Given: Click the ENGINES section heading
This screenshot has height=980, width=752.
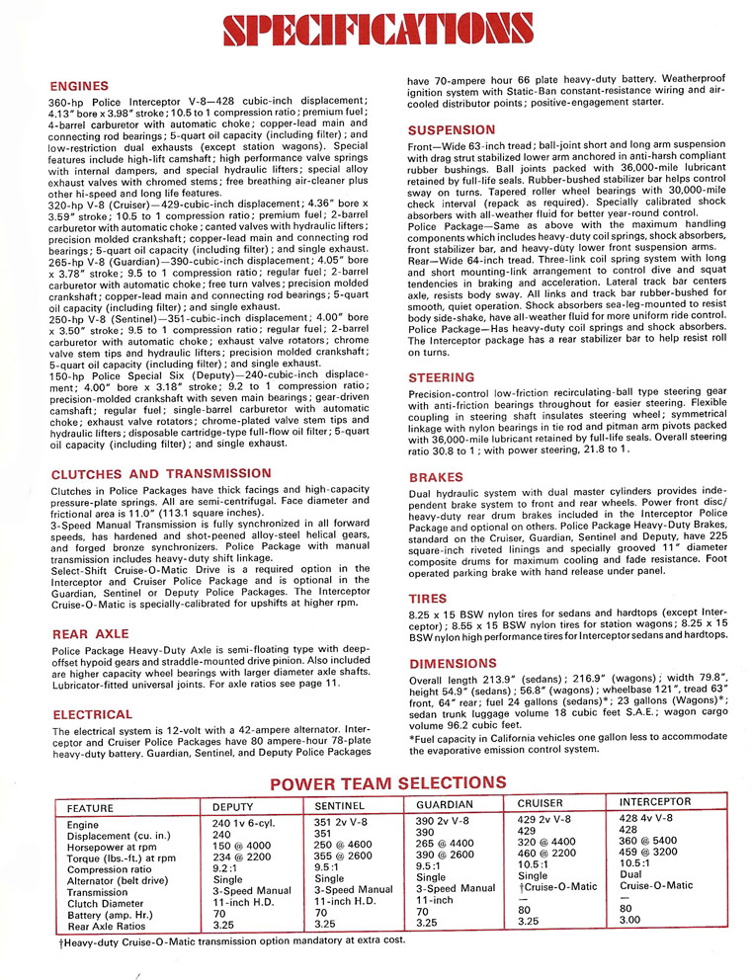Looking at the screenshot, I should [81, 86].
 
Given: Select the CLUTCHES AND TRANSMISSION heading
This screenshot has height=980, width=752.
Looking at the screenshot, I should [147, 473].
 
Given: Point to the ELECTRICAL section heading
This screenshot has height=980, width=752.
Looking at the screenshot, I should [92, 714].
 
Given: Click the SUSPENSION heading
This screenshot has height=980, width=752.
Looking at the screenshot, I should [452, 129].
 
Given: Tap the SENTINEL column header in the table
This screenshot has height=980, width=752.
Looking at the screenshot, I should [342, 805].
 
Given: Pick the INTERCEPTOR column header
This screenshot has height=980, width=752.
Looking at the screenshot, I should [655, 803].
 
